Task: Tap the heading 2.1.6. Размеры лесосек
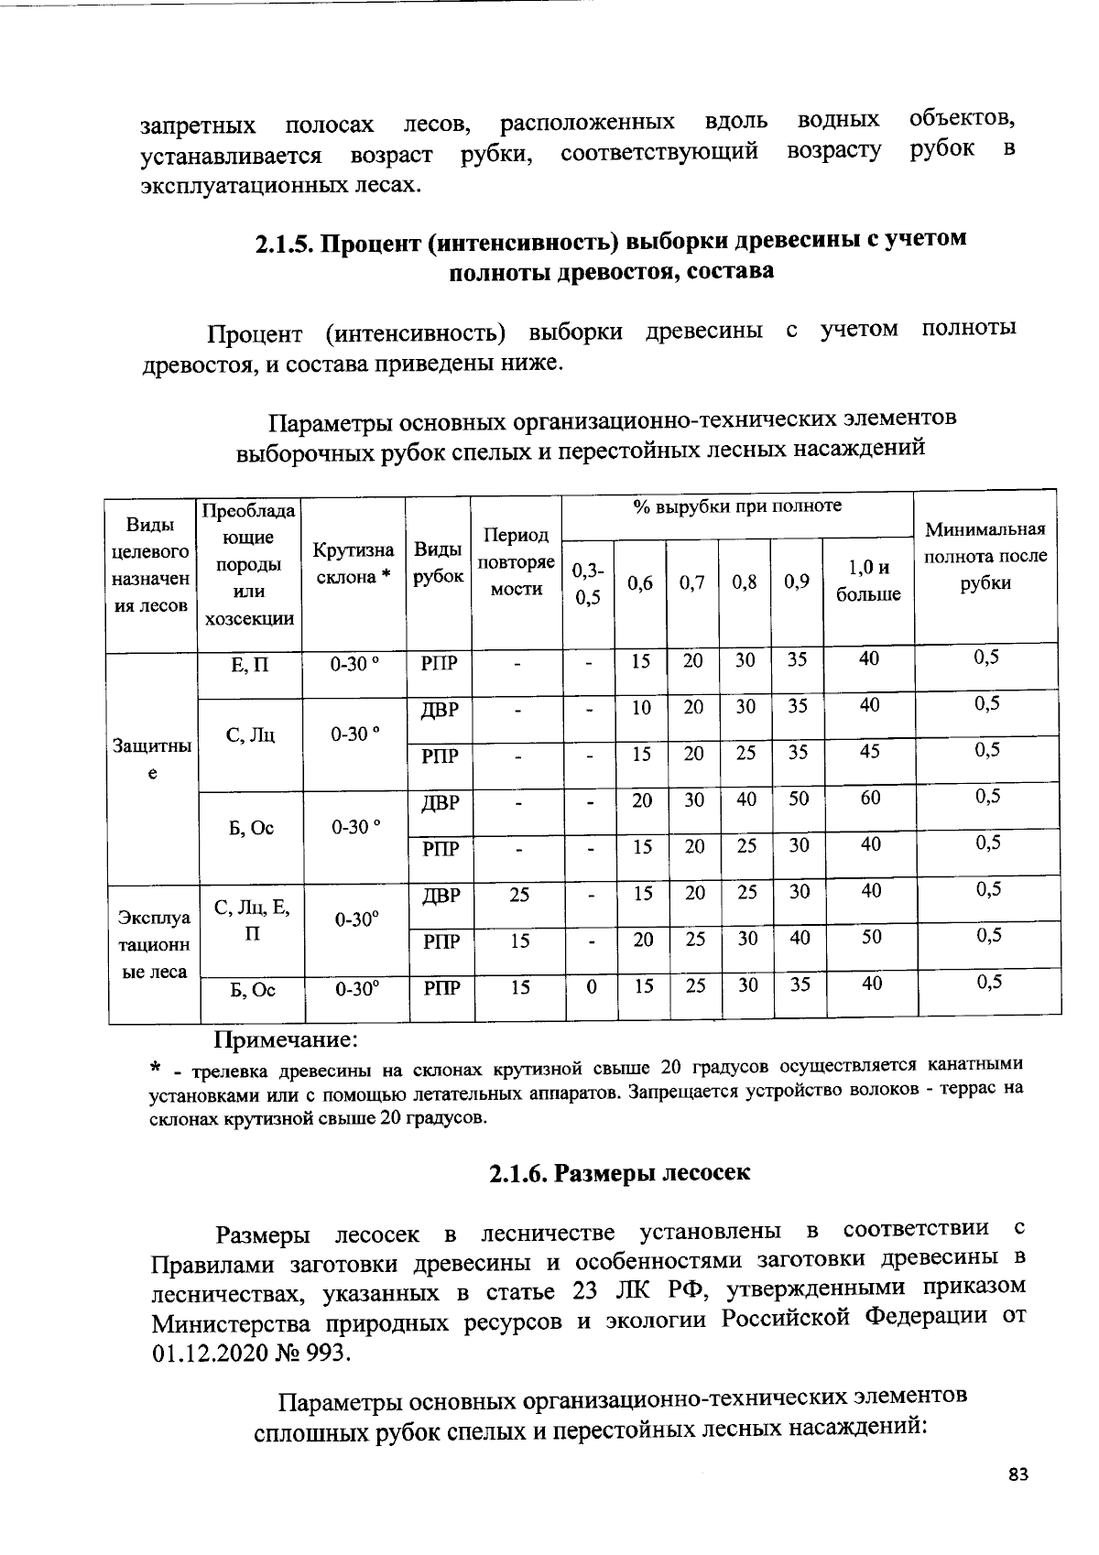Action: [619, 1173]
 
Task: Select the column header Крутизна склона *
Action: [354, 563]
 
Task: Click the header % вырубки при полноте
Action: [736, 506]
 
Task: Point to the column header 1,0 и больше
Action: [867, 582]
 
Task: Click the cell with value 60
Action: [870, 798]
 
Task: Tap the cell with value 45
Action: [870, 751]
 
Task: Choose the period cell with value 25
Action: [518, 895]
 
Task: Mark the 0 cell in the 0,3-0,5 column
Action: [592, 986]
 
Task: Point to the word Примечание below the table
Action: [286, 1040]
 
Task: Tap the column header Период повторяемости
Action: [517, 562]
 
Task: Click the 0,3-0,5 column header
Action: [587, 583]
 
